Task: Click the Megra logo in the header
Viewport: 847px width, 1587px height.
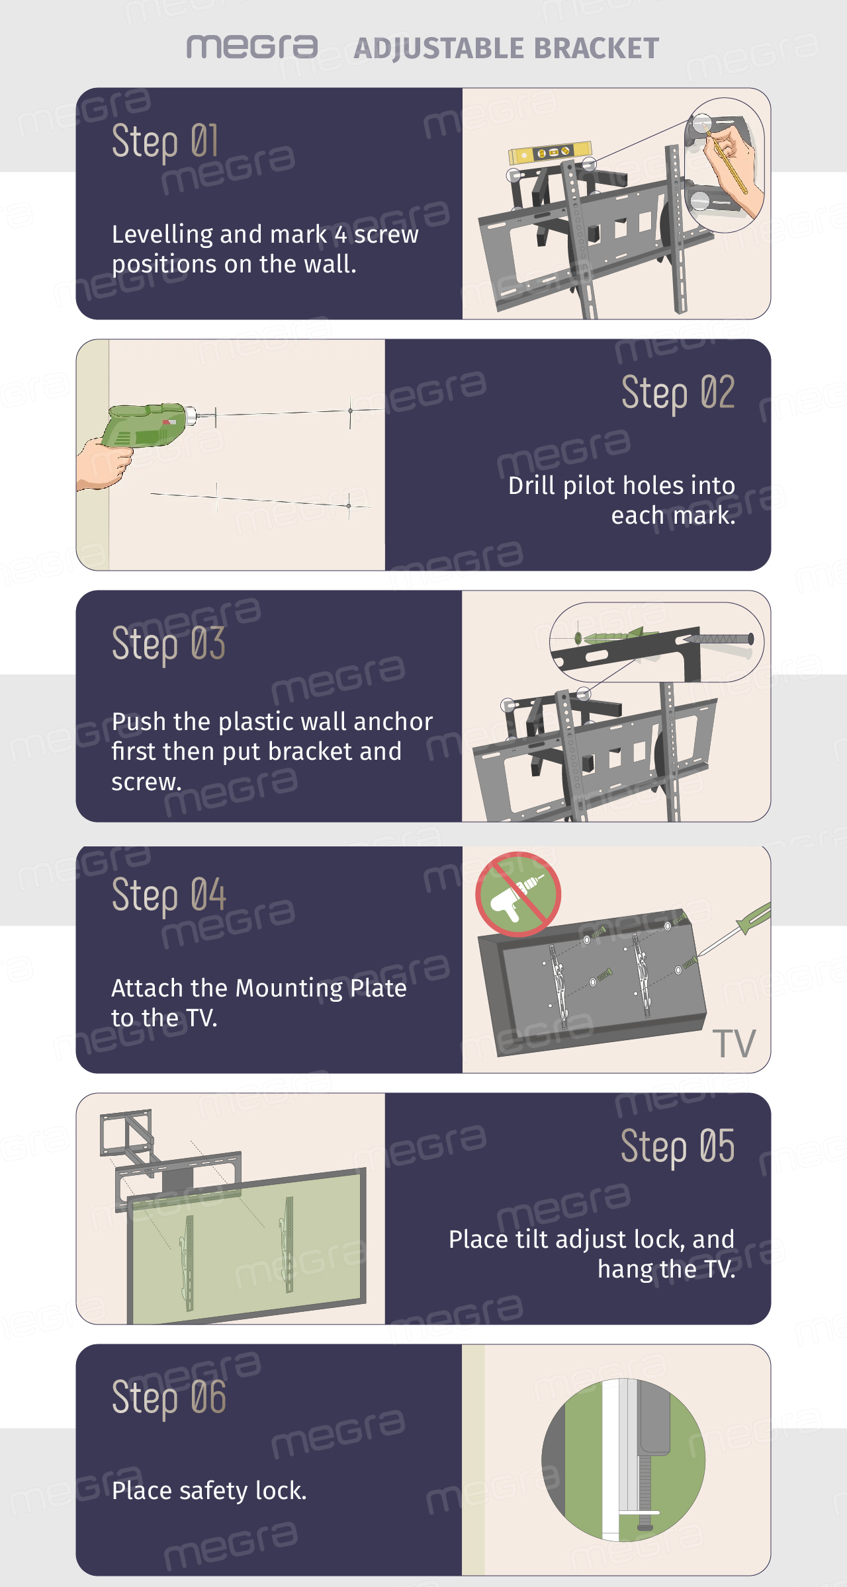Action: tap(252, 47)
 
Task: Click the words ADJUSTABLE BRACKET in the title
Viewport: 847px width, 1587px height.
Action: tap(506, 48)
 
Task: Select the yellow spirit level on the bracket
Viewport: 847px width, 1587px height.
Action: tap(549, 153)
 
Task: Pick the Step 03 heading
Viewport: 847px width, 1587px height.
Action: tap(169, 643)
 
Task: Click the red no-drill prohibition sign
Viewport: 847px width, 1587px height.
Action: tap(518, 894)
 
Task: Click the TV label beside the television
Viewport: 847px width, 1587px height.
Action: tap(734, 1044)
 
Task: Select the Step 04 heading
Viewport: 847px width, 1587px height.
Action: tap(169, 895)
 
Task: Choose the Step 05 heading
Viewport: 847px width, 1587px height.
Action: tap(678, 1147)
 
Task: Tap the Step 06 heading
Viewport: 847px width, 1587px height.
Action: tap(169, 1398)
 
